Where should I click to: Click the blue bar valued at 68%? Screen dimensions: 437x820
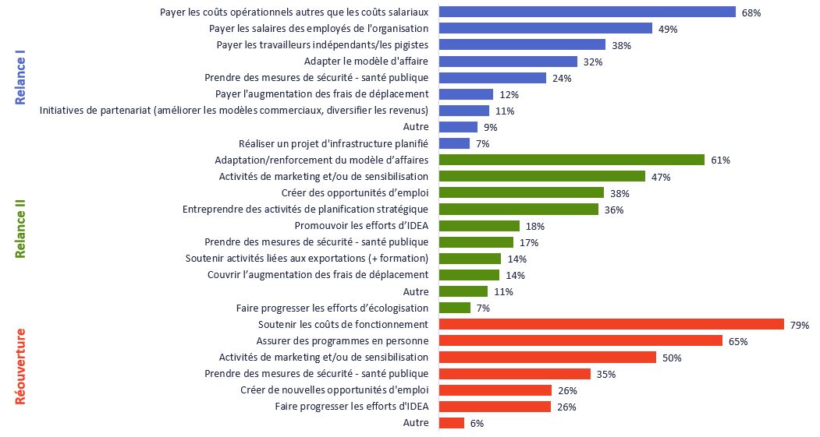(587, 12)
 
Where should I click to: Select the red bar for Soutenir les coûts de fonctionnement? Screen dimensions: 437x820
(612, 324)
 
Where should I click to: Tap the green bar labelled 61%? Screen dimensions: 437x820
(572, 160)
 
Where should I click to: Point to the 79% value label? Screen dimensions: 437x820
(800, 325)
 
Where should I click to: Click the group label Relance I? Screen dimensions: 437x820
(21, 78)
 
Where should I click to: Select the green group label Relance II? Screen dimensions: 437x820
(21, 226)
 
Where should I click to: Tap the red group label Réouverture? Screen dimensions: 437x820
(21, 366)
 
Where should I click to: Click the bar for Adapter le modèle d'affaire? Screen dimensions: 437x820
(508, 62)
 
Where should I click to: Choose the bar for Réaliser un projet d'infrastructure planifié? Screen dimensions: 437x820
(454, 143)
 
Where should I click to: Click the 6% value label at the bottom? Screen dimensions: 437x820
(477, 424)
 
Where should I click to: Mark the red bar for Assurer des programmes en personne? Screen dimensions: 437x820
(580, 340)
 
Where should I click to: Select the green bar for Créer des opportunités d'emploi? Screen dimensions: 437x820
(521, 192)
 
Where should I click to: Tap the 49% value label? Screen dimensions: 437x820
(668, 29)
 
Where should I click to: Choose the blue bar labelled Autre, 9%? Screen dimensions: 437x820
(458, 127)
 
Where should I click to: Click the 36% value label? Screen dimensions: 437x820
(614, 210)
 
